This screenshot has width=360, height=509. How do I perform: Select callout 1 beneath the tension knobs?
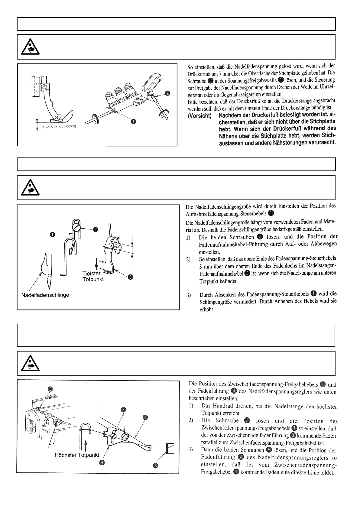[133, 122]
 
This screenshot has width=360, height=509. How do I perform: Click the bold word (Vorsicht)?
[199, 116]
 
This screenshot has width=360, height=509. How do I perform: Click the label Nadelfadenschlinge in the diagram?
[45, 295]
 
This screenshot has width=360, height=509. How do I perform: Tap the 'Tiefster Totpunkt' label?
[93, 276]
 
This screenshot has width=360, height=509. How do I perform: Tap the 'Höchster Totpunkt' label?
[77, 455]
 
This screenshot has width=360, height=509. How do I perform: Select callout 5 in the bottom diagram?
[123, 410]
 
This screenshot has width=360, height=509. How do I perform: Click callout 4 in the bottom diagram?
[102, 464]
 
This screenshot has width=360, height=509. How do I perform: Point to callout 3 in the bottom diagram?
[155, 465]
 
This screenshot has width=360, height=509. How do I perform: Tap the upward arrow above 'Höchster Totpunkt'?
[86, 444]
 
